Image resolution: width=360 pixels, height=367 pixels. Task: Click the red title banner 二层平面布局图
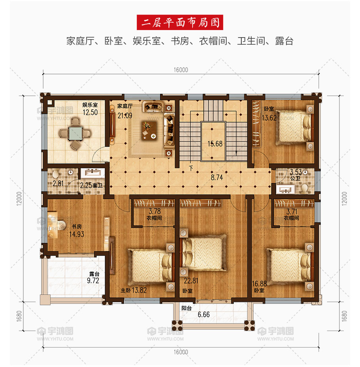pyautogui.click(x=180, y=23)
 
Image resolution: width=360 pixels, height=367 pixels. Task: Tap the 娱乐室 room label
pyautogui.click(x=90, y=105)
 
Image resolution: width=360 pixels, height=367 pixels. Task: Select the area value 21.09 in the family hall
pyautogui.click(x=125, y=115)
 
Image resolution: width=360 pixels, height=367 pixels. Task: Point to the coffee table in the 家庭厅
pyautogui.click(x=149, y=131)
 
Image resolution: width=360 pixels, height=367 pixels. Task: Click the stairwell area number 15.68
pyautogui.click(x=215, y=144)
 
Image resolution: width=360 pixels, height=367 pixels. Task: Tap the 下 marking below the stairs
pyautogui.click(x=191, y=168)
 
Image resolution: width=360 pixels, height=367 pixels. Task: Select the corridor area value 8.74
pyautogui.click(x=216, y=178)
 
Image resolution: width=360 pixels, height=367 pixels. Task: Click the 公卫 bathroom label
pyautogui.click(x=295, y=179)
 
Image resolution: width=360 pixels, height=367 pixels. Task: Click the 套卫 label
pyautogui.click(x=98, y=185)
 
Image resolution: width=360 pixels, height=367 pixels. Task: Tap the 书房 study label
pyautogui.click(x=76, y=227)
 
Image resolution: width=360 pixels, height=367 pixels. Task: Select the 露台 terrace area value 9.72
pyautogui.click(x=93, y=280)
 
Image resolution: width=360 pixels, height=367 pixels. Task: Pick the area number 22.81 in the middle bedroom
pyautogui.click(x=191, y=281)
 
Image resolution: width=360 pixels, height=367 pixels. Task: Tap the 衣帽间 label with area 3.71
pyautogui.click(x=291, y=218)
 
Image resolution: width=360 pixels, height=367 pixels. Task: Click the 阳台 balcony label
pyautogui.click(x=187, y=308)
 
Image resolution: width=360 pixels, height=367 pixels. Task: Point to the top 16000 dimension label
pyautogui.click(x=181, y=70)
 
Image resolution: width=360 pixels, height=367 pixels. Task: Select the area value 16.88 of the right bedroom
pyautogui.click(x=259, y=284)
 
